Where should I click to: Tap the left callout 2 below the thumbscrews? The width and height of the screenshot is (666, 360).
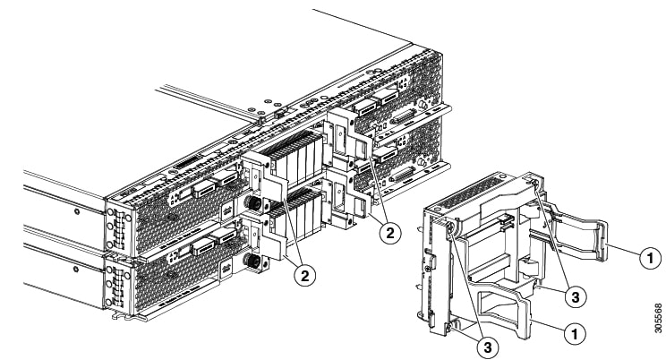[x=305, y=275]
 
